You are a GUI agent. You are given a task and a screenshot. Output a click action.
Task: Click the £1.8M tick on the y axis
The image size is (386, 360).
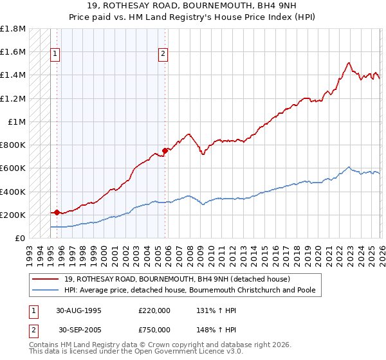[14, 29]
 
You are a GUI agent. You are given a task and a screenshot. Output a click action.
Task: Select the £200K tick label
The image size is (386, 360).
[14, 215]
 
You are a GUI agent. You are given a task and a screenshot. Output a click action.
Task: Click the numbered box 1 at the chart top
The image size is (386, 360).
[56, 55]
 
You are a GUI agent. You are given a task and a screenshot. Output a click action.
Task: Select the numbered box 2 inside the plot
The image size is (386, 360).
[163, 55]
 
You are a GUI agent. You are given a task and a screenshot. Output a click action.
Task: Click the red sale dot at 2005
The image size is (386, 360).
[165, 150]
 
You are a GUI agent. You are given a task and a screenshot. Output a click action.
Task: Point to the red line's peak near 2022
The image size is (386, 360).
[348, 63]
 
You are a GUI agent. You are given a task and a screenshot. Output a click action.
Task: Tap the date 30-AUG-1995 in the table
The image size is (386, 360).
[78, 310]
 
